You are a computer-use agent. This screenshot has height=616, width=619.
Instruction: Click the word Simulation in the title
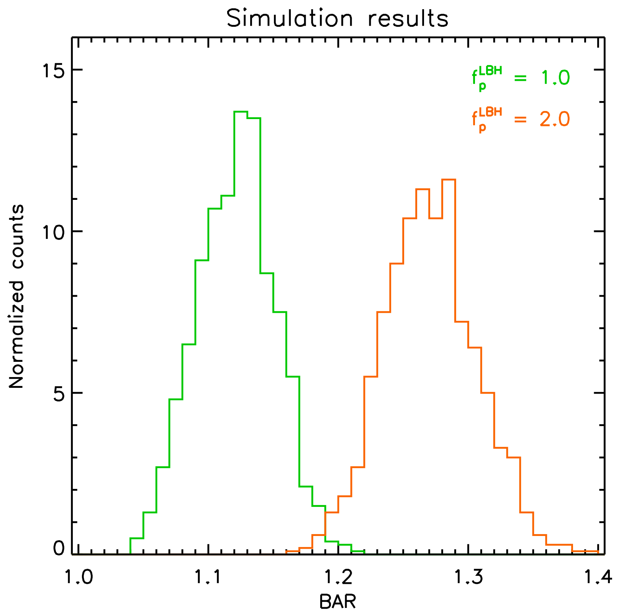click(290, 18)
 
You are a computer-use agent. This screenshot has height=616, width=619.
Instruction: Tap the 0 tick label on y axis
click(59, 549)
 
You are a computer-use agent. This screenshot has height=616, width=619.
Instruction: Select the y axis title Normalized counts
click(16, 296)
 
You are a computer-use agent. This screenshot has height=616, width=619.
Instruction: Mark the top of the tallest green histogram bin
click(241, 111)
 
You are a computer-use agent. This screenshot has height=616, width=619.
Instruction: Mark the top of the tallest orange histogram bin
click(449, 180)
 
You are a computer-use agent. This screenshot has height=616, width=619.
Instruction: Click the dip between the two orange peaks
click(436, 218)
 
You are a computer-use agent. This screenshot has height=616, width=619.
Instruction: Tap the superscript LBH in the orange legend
click(490, 112)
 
